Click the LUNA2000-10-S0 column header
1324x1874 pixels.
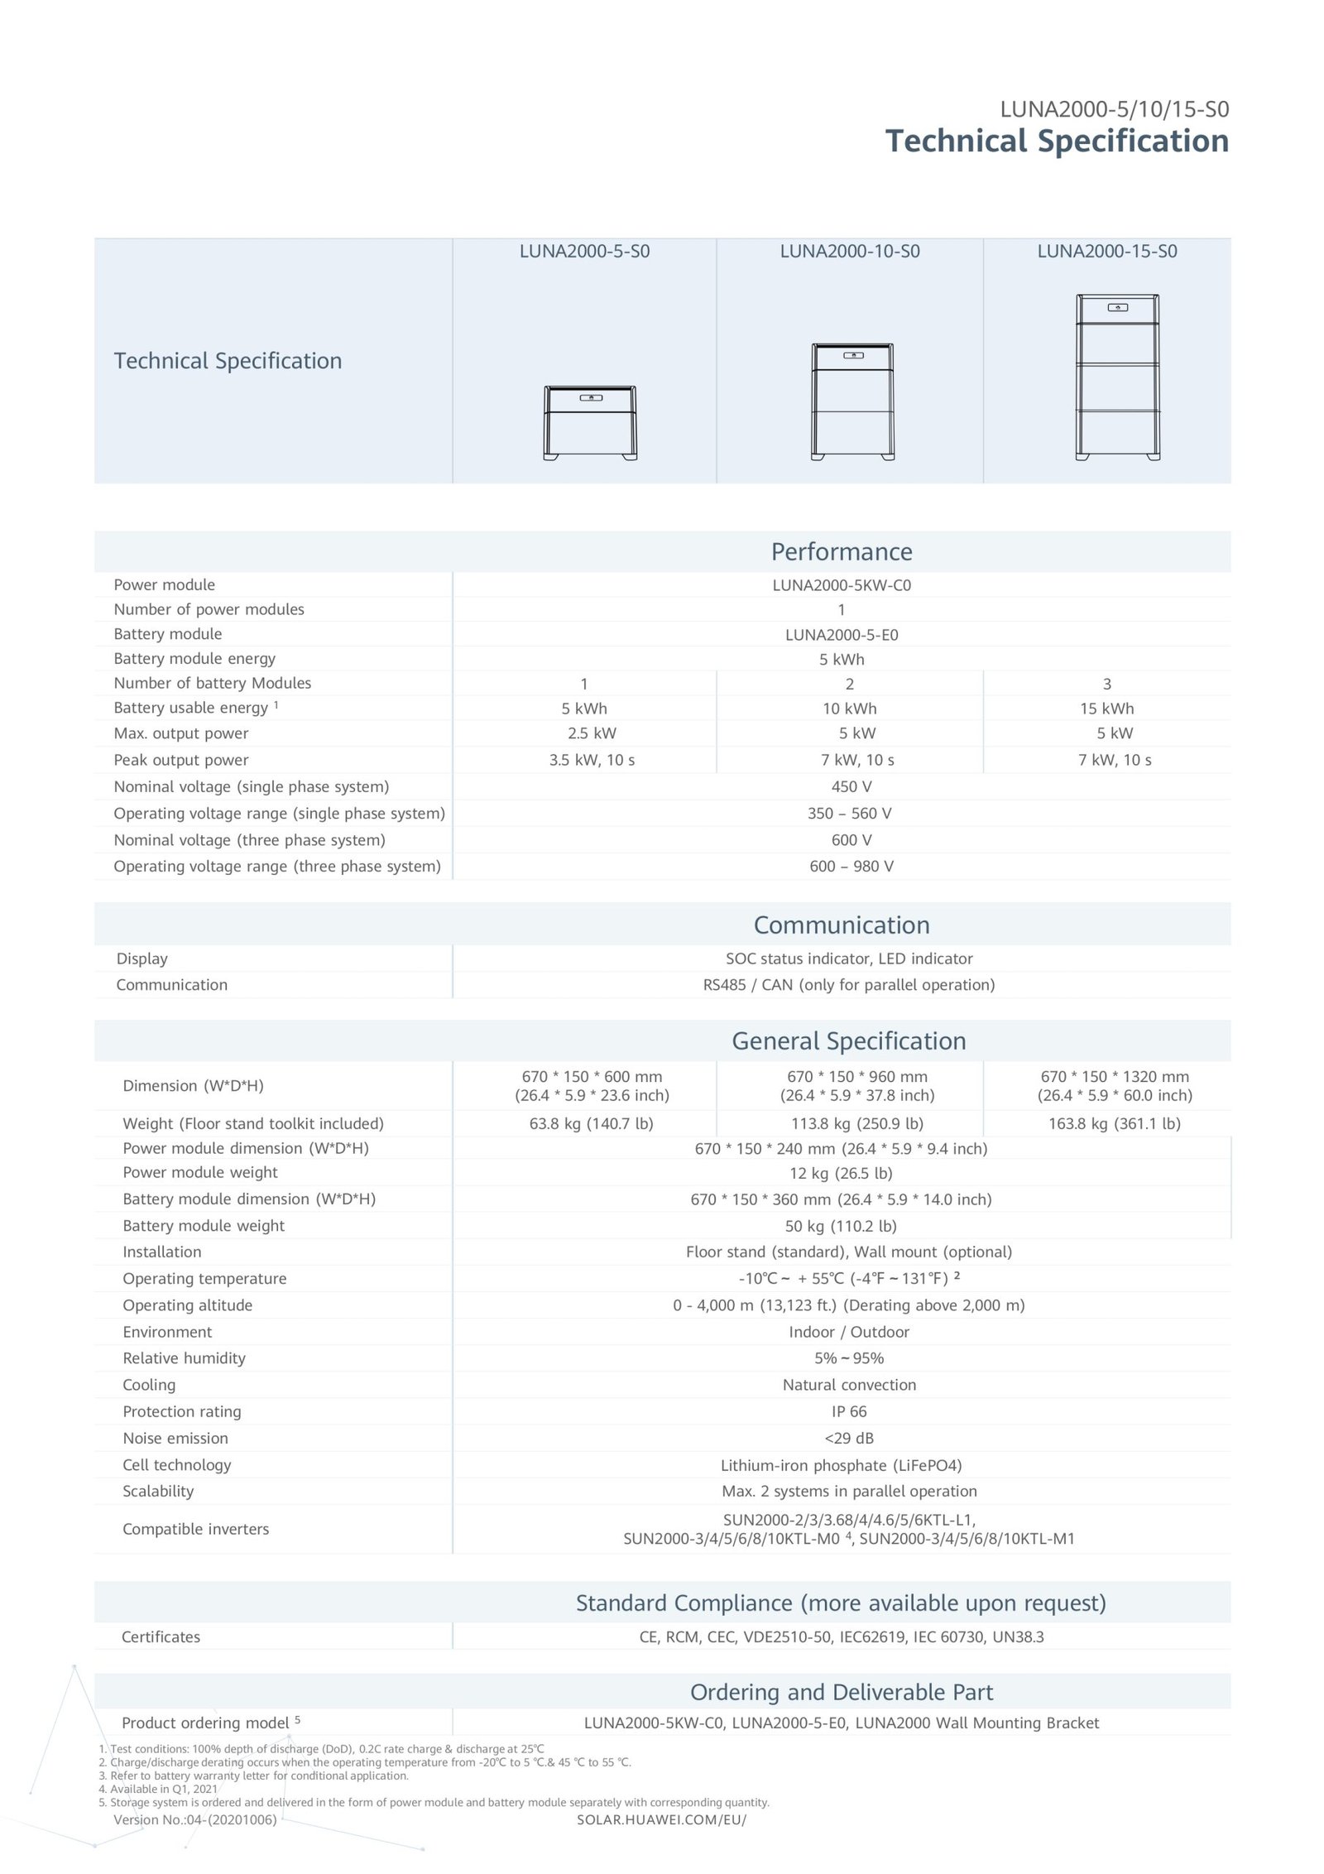(x=849, y=252)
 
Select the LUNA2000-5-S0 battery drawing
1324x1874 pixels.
(x=590, y=423)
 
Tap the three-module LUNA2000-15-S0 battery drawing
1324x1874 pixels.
(x=1117, y=377)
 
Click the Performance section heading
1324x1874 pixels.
(x=842, y=552)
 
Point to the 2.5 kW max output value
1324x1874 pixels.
(x=592, y=733)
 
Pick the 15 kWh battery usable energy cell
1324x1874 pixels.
(x=1106, y=709)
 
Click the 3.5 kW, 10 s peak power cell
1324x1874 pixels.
(x=592, y=760)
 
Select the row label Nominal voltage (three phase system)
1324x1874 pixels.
(x=249, y=840)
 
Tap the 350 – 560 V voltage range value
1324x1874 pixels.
(x=850, y=814)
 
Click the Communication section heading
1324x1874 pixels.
(x=842, y=925)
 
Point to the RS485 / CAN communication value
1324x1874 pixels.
(x=849, y=985)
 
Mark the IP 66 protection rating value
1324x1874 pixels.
(x=849, y=1412)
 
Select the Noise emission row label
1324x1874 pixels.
(x=175, y=1439)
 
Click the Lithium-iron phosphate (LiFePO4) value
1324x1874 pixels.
(x=841, y=1466)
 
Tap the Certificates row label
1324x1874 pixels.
(x=161, y=1637)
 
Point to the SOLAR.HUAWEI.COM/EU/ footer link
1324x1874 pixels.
(x=661, y=1821)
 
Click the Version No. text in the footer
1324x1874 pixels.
(x=195, y=1820)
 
